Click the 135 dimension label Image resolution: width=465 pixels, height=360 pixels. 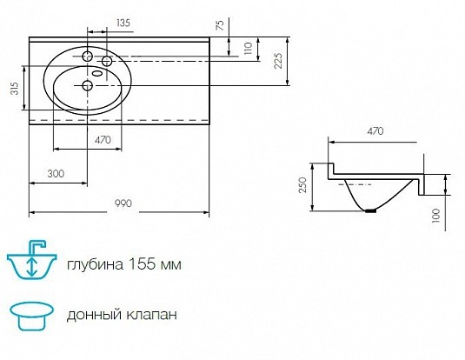click(x=123, y=23)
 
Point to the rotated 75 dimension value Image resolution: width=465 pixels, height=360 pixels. click(x=220, y=24)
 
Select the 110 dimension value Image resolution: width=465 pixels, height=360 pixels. click(x=248, y=48)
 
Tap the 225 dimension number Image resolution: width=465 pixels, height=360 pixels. click(x=278, y=61)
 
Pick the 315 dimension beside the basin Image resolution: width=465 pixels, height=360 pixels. click(x=15, y=88)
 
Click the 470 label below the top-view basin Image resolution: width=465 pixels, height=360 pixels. click(x=103, y=140)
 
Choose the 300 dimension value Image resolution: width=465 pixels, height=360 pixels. click(x=56, y=173)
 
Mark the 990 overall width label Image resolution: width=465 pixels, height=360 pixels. click(x=123, y=203)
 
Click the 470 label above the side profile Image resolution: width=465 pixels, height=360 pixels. click(x=375, y=131)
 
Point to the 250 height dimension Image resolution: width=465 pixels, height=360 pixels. click(x=302, y=185)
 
